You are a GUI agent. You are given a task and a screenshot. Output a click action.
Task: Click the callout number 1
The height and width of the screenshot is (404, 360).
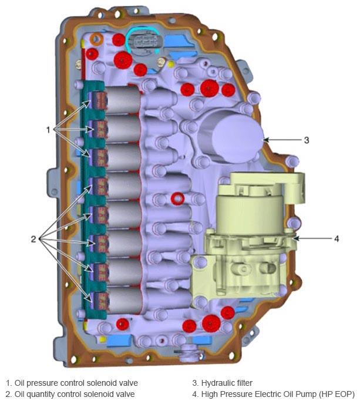[48, 130]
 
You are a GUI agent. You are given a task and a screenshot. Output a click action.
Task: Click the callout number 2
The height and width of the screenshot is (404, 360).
[33, 239]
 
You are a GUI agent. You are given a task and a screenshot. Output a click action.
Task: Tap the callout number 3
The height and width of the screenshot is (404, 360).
[307, 140]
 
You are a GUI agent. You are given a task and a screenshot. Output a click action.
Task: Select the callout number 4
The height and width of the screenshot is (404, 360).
[337, 239]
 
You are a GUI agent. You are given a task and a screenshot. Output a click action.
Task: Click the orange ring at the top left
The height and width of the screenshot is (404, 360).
[96, 39]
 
